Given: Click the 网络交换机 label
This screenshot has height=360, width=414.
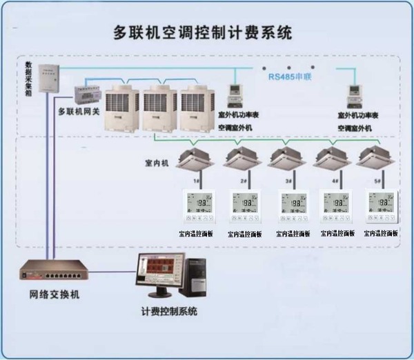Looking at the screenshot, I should pos(55,294).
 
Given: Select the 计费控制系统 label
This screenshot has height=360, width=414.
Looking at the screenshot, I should pos(169,312).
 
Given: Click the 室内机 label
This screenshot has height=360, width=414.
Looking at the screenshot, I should pos(158,164).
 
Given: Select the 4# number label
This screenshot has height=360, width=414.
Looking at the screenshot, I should pos(335,180).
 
